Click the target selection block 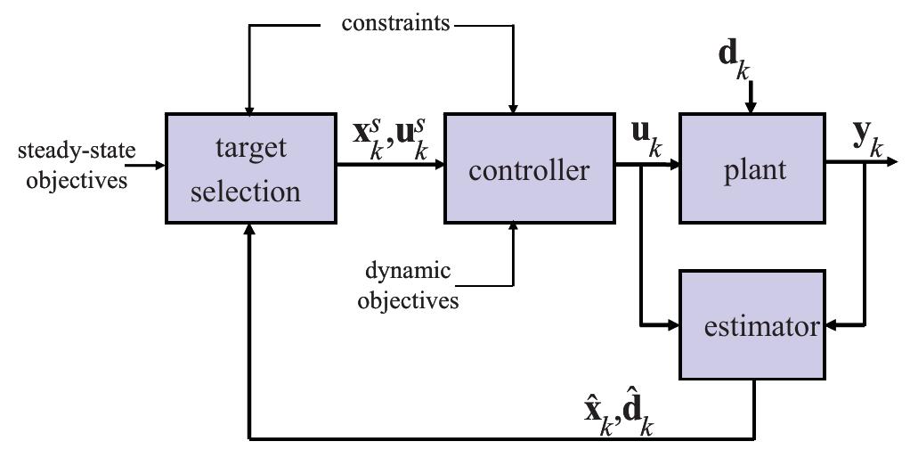point(250,168)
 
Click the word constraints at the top point(395,23)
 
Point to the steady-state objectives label point(76,165)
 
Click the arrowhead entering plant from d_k point(750,108)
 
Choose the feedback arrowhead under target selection point(250,229)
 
